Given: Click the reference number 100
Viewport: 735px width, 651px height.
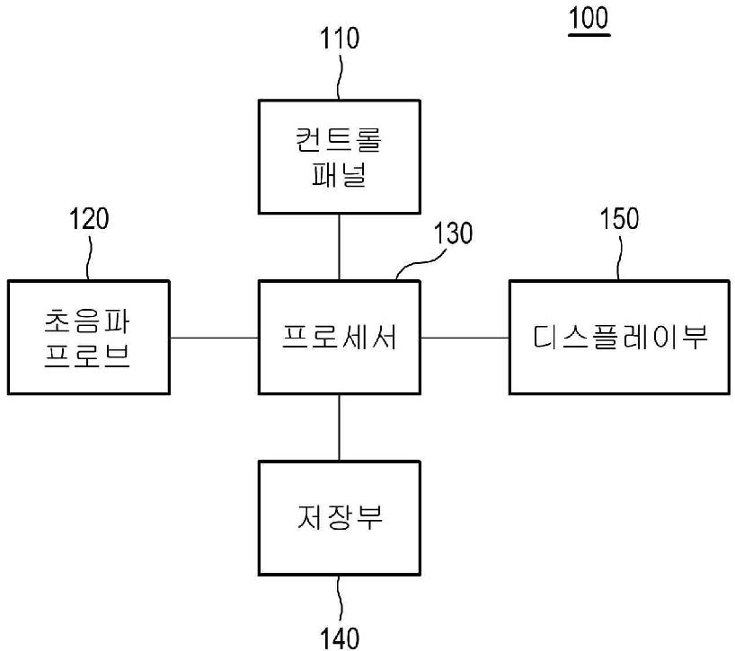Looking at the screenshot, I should tap(589, 19).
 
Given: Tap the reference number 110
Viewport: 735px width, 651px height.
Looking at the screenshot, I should tap(340, 39).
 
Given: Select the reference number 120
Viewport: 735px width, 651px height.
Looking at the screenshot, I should tap(89, 218).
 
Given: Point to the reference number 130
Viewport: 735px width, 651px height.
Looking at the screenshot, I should tap(452, 233).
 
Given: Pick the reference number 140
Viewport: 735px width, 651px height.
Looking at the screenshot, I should tap(340, 638).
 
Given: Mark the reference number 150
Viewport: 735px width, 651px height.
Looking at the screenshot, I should tap(620, 218).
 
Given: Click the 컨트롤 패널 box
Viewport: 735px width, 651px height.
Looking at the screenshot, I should tap(339, 157).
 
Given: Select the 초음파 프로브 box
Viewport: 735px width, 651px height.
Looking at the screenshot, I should tap(88, 338).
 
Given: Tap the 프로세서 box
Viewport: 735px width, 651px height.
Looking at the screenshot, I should tap(339, 338).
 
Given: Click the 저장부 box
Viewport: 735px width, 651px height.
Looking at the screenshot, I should tap(339, 518).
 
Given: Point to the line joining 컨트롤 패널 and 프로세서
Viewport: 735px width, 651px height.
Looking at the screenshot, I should tap(339, 248).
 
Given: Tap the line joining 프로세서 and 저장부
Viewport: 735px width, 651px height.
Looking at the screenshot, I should tap(339, 427).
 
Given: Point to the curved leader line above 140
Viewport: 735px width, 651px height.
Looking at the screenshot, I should tap(340, 598).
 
